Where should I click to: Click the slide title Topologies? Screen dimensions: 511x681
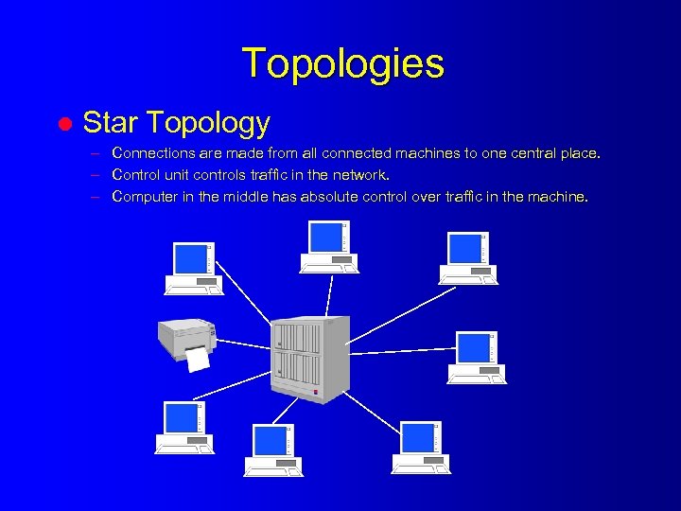[342, 63]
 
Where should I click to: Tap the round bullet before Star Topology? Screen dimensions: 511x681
[64, 124]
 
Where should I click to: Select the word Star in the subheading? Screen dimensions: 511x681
[105, 123]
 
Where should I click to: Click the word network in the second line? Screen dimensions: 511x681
[359, 174]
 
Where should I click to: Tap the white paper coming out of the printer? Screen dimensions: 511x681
[197, 359]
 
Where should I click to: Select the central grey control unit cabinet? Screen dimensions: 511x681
[310, 358]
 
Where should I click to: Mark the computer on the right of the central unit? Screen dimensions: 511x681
[476, 358]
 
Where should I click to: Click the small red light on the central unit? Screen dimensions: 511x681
[316, 391]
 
